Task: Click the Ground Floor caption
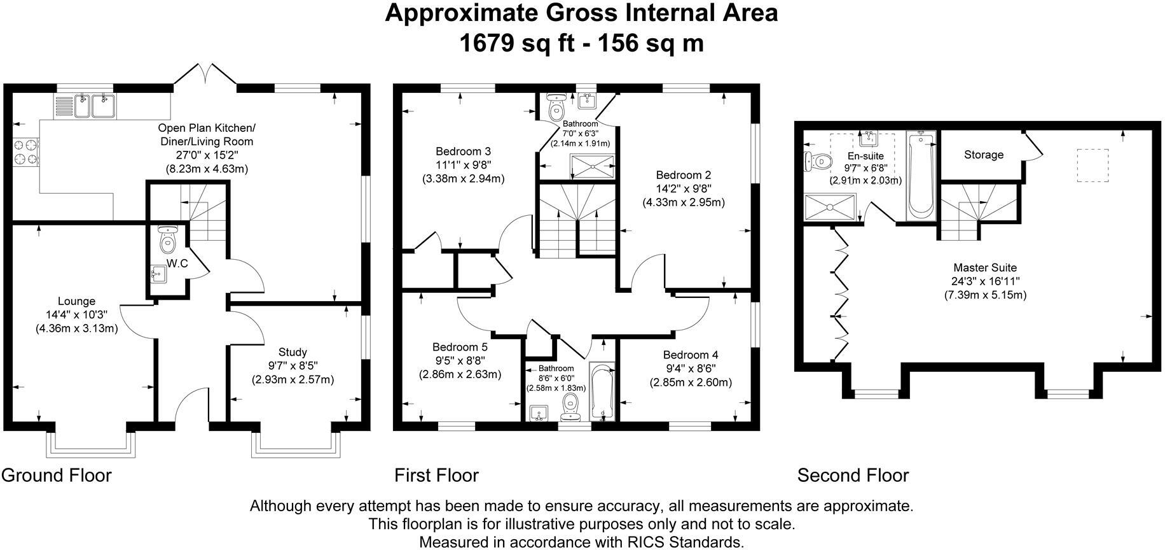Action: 57,476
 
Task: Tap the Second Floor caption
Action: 853,476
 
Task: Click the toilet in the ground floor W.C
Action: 167,240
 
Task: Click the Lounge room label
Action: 76,301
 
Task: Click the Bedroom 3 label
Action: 463,152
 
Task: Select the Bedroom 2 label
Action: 684,175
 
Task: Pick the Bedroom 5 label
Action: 460,347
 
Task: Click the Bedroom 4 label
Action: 691,355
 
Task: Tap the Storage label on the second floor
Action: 983,155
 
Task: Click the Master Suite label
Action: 985,268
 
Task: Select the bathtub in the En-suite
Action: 921,175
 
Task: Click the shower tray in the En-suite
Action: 830,208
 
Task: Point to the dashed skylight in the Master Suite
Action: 1093,166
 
